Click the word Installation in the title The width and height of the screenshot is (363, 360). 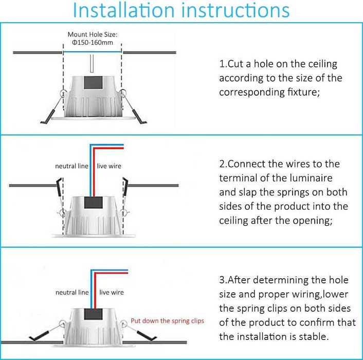coord(123,10)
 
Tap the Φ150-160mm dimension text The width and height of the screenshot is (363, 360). coord(93,43)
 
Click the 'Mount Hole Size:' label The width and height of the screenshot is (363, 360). coord(93,34)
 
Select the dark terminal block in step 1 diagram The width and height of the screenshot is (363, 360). coord(93,83)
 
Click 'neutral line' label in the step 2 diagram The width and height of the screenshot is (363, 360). coord(72,166)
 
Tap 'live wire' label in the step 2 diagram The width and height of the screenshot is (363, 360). coord(109,166)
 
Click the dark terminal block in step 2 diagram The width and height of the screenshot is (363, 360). coord(93,203)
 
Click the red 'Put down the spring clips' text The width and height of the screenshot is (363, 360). coord(168,321)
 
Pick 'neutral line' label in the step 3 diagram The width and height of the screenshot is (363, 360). coord(72,293)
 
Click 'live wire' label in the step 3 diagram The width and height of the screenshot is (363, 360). coord(112,293)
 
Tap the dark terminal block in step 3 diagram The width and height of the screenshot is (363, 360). coord(93,314)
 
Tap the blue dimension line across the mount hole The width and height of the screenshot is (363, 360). coord(93,52)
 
